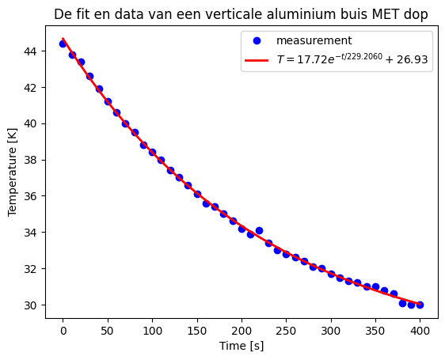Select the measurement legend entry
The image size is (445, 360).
click(x=314, y=40)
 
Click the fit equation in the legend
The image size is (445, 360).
click(x=353, y=60)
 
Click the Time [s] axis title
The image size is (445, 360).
click(x=242, y=346)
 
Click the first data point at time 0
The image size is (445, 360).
click(x=63, y=44)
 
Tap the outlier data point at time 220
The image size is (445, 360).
click(x=259, y=230)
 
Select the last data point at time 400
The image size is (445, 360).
click(x=420, y=305)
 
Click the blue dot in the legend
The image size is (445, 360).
click(x=257, y=40)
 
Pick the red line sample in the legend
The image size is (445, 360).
click(x=257, y=60)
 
